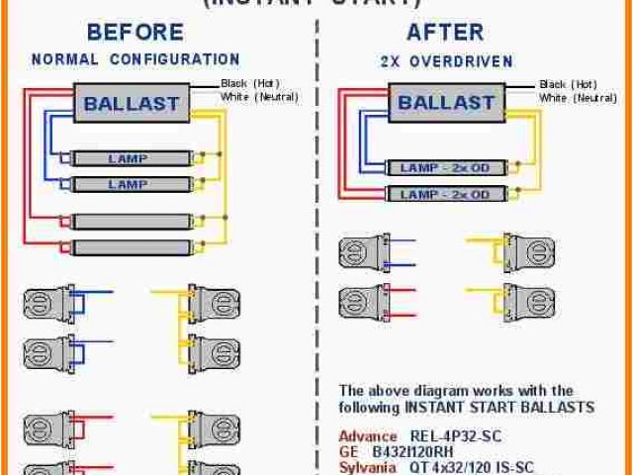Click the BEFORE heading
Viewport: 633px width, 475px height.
tap(135, 34)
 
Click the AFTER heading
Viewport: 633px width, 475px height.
tap(446, 34)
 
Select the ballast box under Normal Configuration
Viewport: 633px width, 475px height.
tap(131, 103)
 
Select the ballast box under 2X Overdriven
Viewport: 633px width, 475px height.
tap(445, 103)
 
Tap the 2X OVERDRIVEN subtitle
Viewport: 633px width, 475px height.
tap(446, 61)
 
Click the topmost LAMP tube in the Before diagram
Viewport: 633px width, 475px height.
tap(129, 157)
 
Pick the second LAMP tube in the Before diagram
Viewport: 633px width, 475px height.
tap(129, 184)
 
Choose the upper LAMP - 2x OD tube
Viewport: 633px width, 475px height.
tap(444, 168)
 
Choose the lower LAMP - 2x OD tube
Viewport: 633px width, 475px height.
tap(444, 195)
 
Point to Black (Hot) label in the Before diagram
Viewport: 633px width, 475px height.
tap(247, 83)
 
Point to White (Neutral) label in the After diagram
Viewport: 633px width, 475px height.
tap(579, 98)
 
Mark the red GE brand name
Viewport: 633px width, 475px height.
tap(349, 451)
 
